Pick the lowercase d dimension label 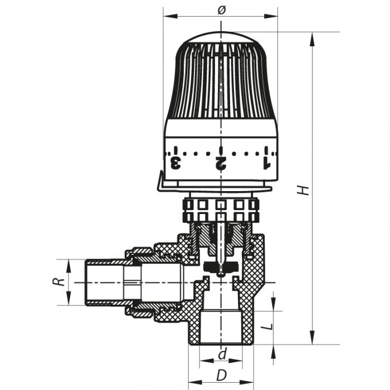[x=222, y=354]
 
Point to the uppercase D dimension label [x=221, y=376]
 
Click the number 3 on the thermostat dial [x=175, y=163]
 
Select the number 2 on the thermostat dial [x=221, y=163]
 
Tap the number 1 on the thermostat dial [x=266, y=163]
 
